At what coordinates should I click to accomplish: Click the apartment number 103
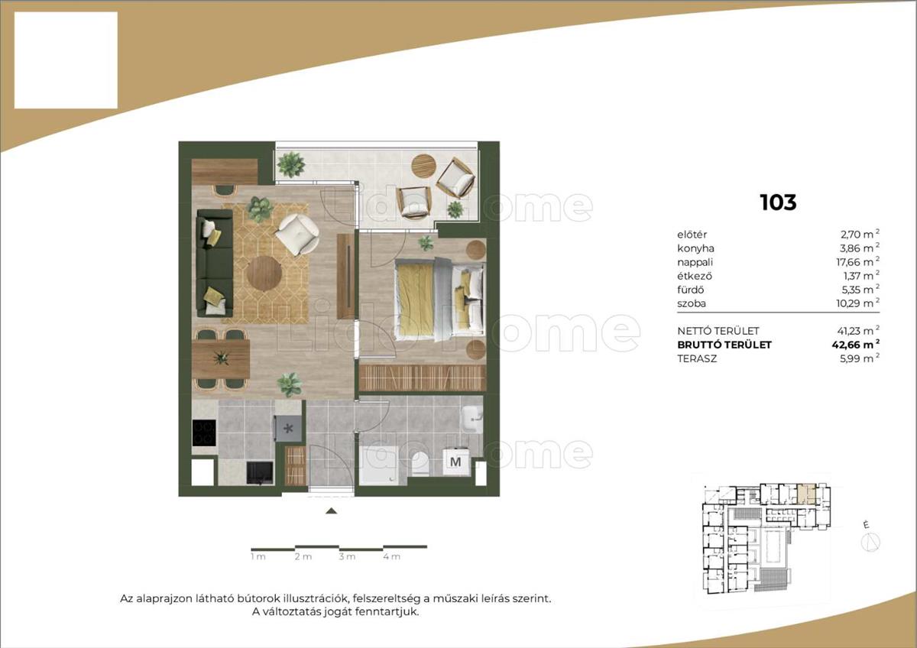pyautogui.click(x=778, y=202)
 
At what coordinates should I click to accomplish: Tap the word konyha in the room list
pyautogui.click(x=695, y=248)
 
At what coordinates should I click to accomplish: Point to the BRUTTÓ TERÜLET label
pyautogui.click(x=724, y=345)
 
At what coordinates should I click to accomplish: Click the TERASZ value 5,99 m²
pyautogui.click(x=860, y=358)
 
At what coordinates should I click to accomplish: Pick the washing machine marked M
pyautogui.click(x=455, y=462)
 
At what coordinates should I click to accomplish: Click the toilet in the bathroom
pyautogui.click(x=420, y=464)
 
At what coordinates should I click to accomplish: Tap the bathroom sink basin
pyautogui.click(x=472, y=418)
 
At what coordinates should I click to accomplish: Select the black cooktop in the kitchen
pyautogui.click(x=204, y=433)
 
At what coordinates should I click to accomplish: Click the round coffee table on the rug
pyautogui.click(x=264, y=274)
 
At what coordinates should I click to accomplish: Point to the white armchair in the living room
pyautogui.click(x=296, y=234)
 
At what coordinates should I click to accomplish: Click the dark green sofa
pyautogui.click(x=215, y=263)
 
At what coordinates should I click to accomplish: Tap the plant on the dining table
pyautogui.click(x=221, y=358)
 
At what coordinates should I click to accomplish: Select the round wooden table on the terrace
pyautogui.click(x=423, y=165)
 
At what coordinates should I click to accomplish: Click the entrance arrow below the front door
pyautogui.click(x=331, y=510)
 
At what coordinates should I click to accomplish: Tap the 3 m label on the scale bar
pyautogui.click(x=347, y=557)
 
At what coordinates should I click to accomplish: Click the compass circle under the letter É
pyautogui.click(x=870, y=543)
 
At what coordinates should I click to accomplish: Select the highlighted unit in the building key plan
pyautogui.click(x=806, y=494)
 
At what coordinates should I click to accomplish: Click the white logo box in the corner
pyautogui.click(x=66, y=60)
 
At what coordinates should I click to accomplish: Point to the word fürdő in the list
pyautogui.click(x=690, y=290)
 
